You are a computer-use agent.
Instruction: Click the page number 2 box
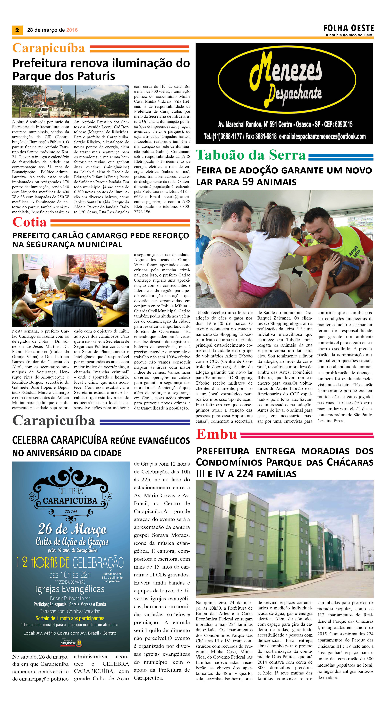17,30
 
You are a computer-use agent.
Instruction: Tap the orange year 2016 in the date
72,30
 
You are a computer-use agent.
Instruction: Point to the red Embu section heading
216,434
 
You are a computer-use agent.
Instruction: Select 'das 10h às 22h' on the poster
70,575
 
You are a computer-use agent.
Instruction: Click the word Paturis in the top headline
96,76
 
